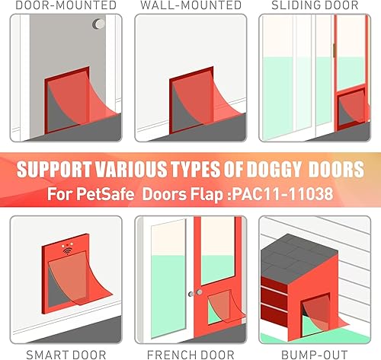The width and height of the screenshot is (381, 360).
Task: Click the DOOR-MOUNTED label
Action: [x=60, y=5]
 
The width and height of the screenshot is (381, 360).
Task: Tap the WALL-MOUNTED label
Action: [x=190, y=5]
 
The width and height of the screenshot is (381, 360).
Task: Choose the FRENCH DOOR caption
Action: [x=190, y=354]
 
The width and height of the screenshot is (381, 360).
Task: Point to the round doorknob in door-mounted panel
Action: [x=99, y=25]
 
